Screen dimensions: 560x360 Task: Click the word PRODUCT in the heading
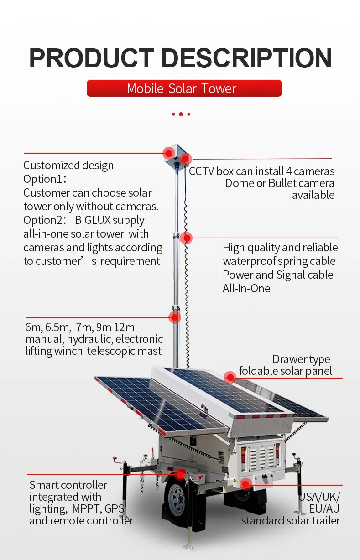[92, 58]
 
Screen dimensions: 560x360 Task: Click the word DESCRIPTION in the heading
[246, 58]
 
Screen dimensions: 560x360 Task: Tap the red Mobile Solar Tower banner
[184, 88]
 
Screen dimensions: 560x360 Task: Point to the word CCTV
[201, 171]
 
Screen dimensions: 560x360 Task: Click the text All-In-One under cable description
[246, 289]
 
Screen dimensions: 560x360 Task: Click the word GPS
[115, 509]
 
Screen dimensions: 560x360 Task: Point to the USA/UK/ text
[319, 497]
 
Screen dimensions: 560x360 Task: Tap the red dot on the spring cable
[186, 238]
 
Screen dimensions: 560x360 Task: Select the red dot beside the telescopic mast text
[173, 317]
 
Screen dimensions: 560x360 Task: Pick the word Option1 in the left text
[38, 179]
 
